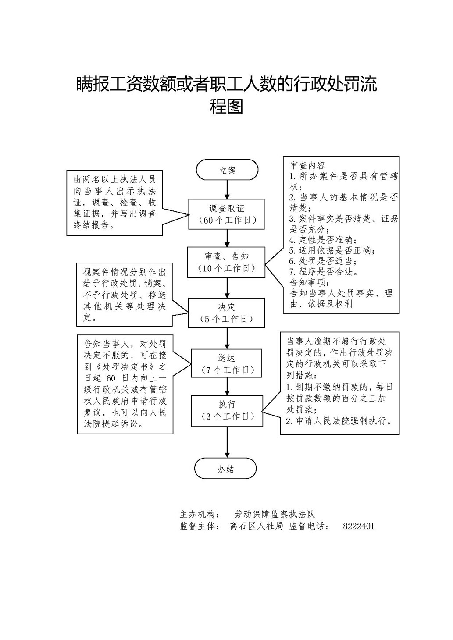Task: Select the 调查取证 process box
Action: (x=227, y=214)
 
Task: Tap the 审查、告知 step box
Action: (x=227, y=262)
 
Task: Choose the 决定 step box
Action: (x=227, y=313)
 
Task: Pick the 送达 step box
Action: (x=227, y=363)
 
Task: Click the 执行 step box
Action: (x=227, y=410)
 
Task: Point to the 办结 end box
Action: (x=226, y=469)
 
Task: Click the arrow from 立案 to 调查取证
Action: (x=227, y=189)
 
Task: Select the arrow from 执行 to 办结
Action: (x=227, y=442)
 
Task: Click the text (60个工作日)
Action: (x=227, y=220)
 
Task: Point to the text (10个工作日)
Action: (x=227, y=268)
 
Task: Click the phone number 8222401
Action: (x=358, y=526)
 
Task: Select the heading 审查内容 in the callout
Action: (x=307, y=166)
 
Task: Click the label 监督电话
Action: (x=309, y=526)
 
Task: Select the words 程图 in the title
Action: (x=226, y=107)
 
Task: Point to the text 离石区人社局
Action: (x=257, y=526)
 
